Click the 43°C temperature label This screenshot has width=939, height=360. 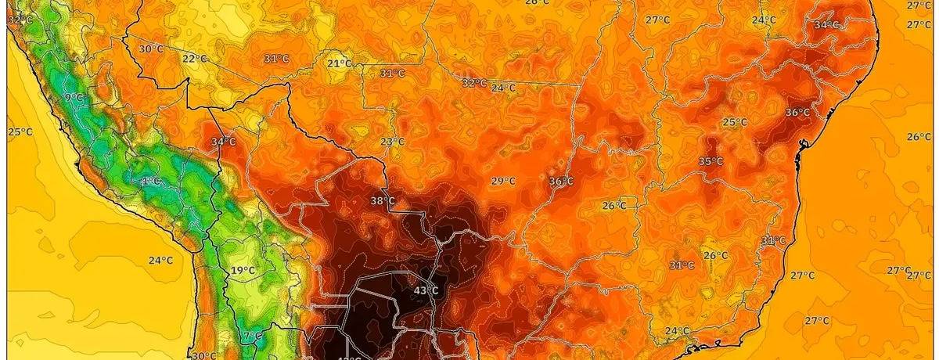(x=426, y=291)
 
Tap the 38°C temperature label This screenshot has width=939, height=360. (x=383, y=201)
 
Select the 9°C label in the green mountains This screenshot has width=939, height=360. (x=74, y=97)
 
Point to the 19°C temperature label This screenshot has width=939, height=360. (x=243, y=271)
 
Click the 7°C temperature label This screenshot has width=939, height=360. (x=252, y=337)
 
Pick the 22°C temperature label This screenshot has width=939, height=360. (x=195, y=59)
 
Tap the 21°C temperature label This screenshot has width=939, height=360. (x=340, y=63)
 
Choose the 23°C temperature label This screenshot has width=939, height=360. (x=392, y=142)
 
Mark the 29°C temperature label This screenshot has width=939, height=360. (x=503, y=181)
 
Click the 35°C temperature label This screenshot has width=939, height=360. (x=711, y=162)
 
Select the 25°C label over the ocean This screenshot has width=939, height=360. (x=20, y=131)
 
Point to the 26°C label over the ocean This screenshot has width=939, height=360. (x=919, y=137)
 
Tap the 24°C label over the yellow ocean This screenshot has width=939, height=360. (x=160, y=261)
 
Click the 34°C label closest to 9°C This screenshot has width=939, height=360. (x=223, y=142)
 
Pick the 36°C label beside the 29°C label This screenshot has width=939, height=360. (x=561, y=182)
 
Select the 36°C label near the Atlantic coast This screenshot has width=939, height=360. (x=797, y=112)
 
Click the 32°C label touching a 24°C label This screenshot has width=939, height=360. (x=473, y=82)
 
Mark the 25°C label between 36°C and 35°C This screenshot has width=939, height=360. (x=735, y=122)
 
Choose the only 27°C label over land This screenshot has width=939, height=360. (x=657, y=20)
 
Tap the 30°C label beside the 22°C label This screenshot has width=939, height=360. (x=151, y=49)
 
